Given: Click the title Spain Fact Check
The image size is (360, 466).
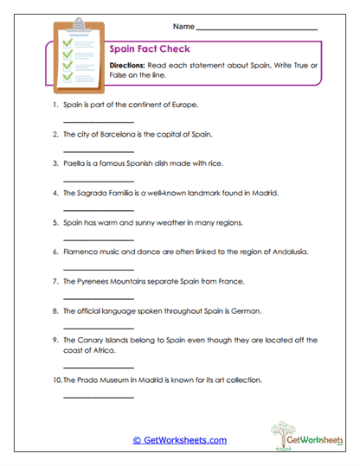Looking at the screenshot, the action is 150,49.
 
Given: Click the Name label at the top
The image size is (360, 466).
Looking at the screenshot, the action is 183,28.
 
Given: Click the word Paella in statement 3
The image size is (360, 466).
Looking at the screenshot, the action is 76,163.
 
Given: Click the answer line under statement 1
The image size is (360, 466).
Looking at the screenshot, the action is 99,122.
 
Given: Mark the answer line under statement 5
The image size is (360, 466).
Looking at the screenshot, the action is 99,239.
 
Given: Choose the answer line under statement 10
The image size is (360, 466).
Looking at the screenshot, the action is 99,397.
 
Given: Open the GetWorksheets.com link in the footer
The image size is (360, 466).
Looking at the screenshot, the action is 179,440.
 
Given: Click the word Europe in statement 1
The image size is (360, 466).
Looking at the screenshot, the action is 184,105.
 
